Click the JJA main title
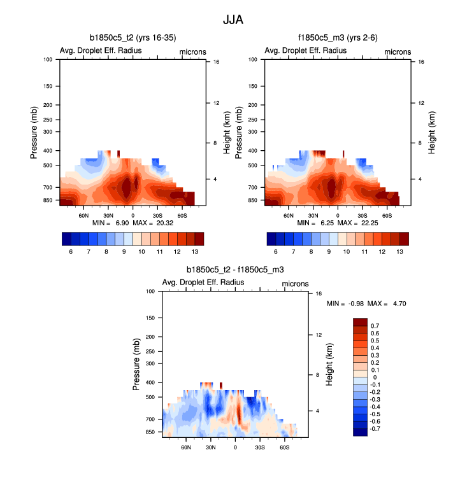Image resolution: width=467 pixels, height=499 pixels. click(x=233, y=20)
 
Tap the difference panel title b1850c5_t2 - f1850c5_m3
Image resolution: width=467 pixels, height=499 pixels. click(x=234, y=271)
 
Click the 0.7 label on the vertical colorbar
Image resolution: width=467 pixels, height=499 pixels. click(x=375, y=325)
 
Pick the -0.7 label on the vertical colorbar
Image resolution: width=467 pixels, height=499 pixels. click(x=377, y=429)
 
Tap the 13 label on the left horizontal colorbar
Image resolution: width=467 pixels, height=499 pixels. click(x=199, y=252)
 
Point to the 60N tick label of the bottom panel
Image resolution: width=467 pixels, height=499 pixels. click(x=186, y=447)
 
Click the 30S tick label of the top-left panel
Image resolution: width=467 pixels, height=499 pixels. click(x=157, y=216)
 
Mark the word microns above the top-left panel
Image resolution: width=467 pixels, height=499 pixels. click(x=190, y=52)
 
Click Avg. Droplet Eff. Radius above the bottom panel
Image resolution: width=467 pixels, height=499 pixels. click(x=203, y=283)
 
